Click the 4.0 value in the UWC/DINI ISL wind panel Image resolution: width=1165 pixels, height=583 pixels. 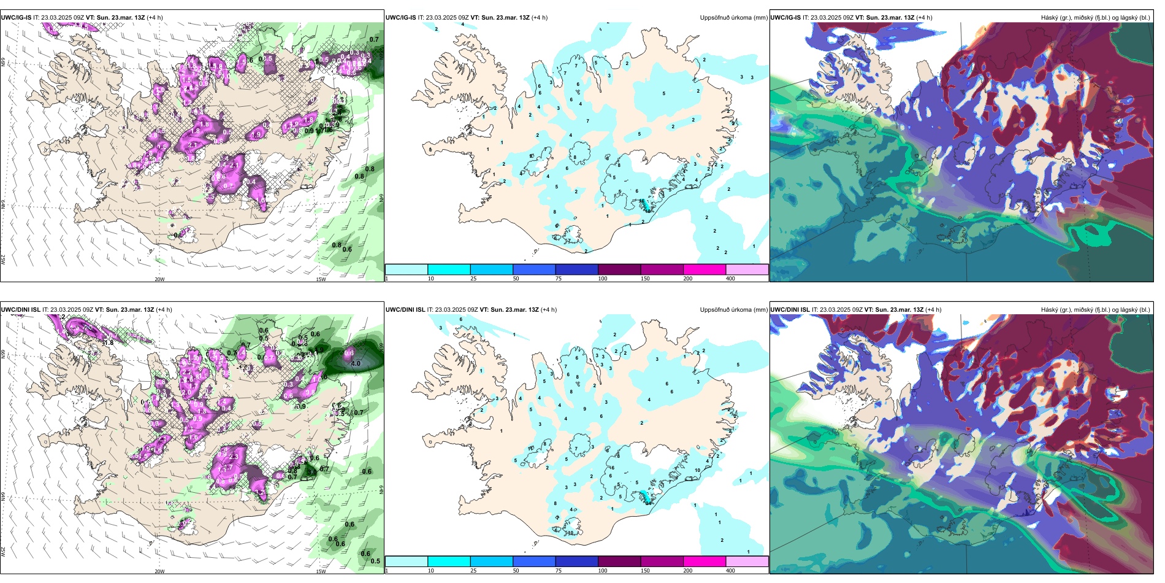click(x=356, y=363)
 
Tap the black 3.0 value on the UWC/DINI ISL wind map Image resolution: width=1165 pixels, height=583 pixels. click(x=311, y=472)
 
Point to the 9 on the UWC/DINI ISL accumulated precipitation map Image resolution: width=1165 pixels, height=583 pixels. click(x=584, y=409)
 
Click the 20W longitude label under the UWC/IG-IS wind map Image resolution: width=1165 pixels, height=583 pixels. click(x=159, y=279)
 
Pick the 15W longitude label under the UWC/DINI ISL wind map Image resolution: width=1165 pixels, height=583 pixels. click(x=321, y=571)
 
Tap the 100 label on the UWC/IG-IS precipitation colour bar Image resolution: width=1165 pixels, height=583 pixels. click(x=603, y=279)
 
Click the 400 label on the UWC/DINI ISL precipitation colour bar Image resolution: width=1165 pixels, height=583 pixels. click(x=730, y=571)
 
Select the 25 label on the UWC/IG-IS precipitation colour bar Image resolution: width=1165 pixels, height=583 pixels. click(x=473, y=279)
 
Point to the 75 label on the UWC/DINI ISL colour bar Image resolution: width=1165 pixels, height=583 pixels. click(x=559, y=571)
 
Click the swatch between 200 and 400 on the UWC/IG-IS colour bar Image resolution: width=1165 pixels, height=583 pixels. click(x=747, y=269)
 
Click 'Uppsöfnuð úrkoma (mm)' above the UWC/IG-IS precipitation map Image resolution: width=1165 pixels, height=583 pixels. click(x=733, y=18)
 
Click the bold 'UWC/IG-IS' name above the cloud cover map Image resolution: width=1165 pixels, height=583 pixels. click(x=785, y=18)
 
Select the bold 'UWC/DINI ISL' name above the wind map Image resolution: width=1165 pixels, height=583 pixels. click(x=20, y=310)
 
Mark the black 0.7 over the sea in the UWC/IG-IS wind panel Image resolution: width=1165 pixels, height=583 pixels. click(x=374, y=39)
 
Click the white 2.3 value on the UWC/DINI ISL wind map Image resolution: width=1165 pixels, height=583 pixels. click(x=234, y=457)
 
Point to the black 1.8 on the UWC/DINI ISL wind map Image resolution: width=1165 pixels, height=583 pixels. click(x=109, y=342)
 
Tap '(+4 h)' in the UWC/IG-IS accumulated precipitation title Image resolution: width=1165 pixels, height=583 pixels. click(x=540, y=18)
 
